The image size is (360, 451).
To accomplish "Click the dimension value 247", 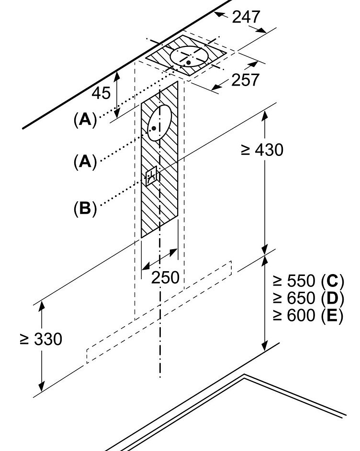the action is pos(246,17).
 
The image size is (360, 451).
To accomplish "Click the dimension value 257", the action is pos(245,80).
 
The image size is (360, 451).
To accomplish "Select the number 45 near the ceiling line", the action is pos(101,93).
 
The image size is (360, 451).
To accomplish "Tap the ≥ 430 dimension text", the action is pos(262,150).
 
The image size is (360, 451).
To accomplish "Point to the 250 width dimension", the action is pos(165,277).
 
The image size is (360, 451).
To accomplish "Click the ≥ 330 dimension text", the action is pos(41,339).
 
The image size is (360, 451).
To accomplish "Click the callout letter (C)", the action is pos(332,281).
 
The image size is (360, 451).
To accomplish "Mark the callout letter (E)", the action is pos(332,315).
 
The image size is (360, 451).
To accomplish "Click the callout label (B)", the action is pos(85,208).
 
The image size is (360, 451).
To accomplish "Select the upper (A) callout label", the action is pos(85,119).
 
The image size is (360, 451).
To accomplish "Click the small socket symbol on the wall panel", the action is pos(151,176).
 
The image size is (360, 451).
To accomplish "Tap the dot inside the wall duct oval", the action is pos(154,128).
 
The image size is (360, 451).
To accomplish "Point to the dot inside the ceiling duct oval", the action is pos(188,62).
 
